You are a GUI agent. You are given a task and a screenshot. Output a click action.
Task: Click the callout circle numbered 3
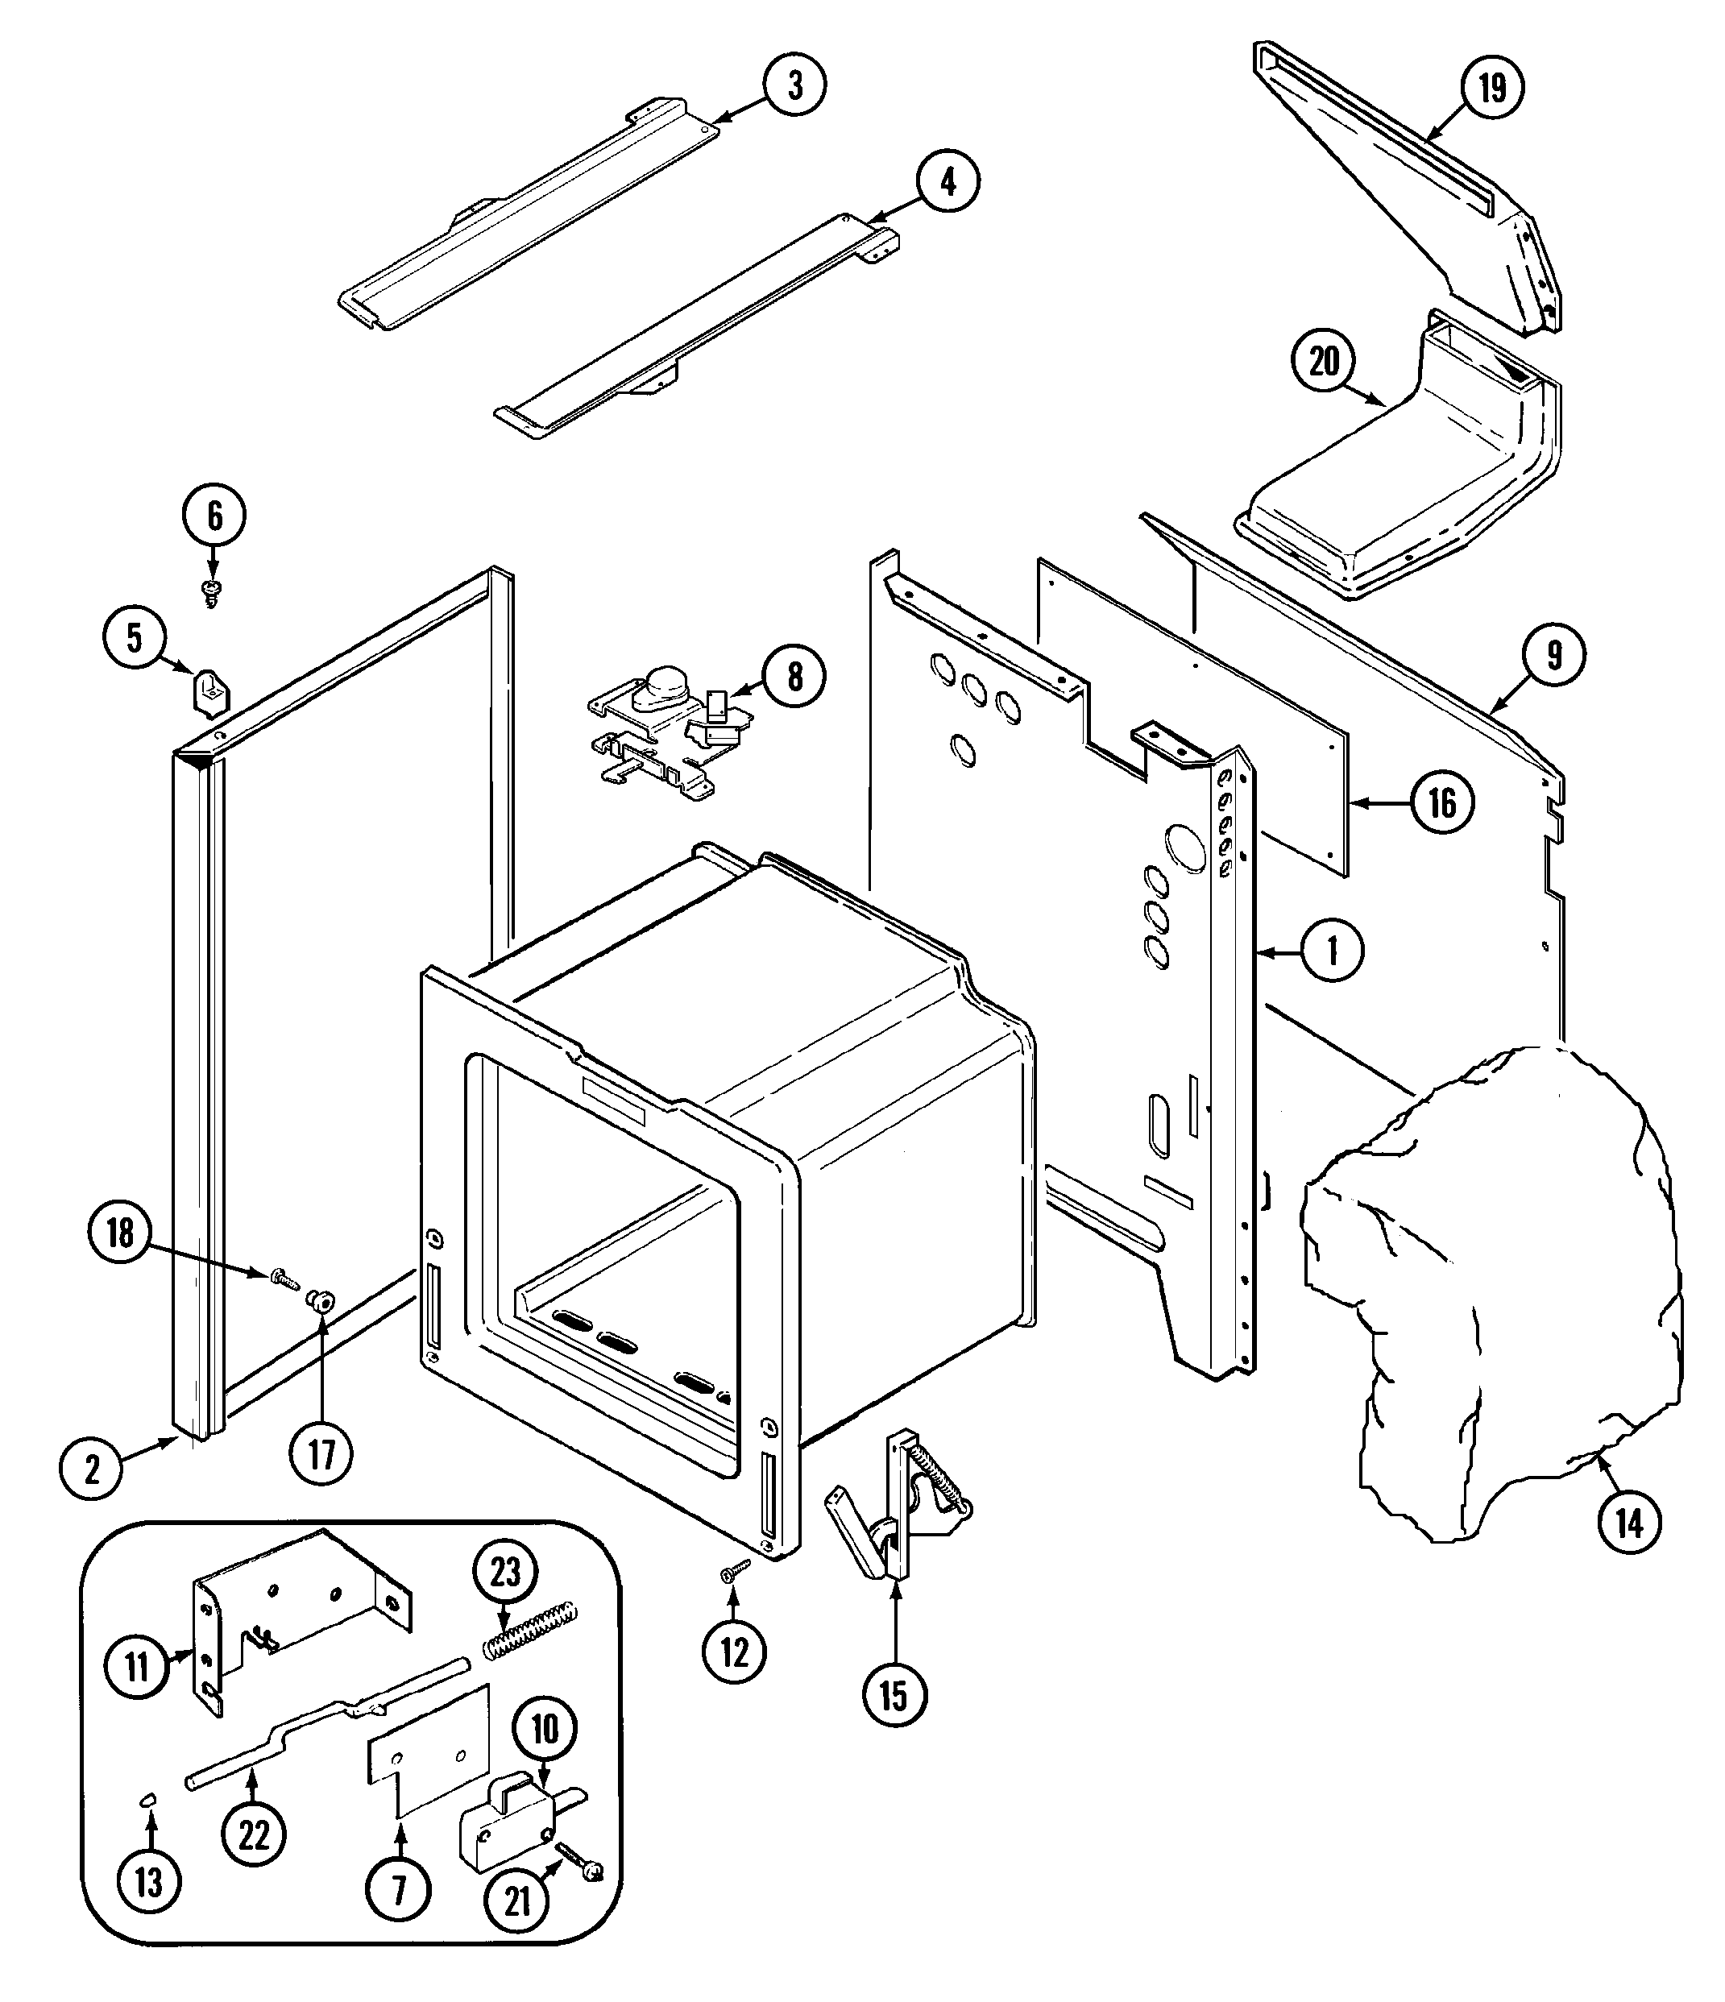794,85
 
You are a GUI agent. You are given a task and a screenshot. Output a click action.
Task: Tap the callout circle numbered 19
1492,88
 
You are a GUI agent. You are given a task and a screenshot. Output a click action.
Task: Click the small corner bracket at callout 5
209,693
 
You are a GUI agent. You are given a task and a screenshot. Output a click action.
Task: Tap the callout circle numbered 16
1442,802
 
